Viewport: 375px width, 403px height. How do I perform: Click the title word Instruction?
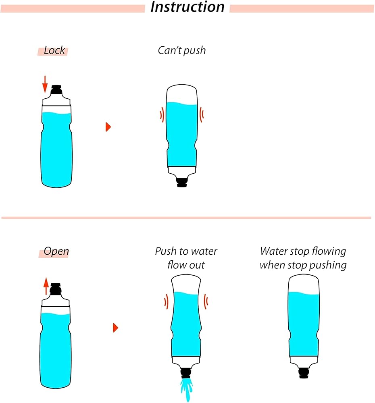point(187,7)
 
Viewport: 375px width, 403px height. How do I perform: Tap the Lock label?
point(54,51)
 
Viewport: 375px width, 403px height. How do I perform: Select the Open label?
point(56,252)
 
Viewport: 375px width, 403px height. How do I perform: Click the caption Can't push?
point(181,51)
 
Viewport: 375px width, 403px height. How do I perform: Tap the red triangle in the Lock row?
point(108,127)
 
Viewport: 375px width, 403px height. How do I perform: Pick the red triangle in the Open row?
point(115,328)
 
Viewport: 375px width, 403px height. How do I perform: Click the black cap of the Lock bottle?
point(57,89)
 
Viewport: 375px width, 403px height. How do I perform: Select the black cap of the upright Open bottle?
point(56,289)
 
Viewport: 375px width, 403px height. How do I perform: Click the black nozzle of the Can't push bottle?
point(182,182)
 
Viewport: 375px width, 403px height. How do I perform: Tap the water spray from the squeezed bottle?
point(186,388)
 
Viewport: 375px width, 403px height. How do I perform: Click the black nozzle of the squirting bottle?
point(186,373)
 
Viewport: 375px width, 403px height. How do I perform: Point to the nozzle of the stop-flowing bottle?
point(304,374)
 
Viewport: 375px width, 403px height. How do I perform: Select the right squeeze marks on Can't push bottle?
point(202,115)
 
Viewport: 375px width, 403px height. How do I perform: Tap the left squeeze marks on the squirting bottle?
point(166,301)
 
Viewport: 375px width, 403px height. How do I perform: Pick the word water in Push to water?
point(204,252)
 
